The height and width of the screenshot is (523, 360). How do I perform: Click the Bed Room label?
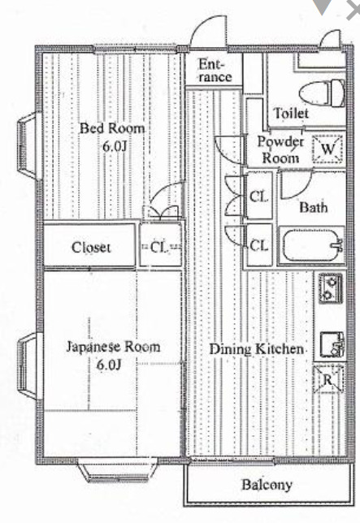(111, 128)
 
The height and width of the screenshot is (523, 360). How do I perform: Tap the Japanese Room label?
(112, 347)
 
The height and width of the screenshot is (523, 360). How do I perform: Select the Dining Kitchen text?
(258, 348)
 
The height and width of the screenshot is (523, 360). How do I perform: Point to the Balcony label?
(266, 486)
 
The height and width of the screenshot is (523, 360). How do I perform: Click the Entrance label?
(215, 71)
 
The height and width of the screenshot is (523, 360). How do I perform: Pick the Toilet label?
(291, 113)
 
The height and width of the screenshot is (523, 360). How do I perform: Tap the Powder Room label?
(280, 149)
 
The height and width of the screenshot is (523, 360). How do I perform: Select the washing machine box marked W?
(327, 148)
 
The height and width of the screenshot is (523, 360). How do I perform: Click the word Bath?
(313, 207)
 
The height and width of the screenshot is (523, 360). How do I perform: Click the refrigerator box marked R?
(329, 380)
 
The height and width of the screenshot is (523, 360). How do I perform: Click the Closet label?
(91, 248)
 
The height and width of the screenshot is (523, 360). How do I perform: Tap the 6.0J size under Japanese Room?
(109, 365)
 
